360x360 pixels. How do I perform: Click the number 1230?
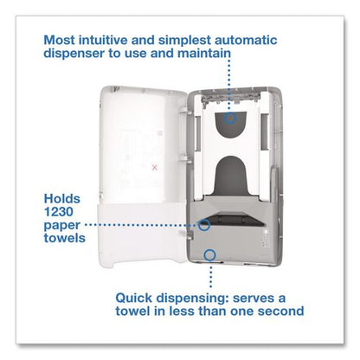[x=59, y=212]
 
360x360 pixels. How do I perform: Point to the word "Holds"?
[x=62, y=199]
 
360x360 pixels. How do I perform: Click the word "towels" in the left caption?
[x=65, y=238]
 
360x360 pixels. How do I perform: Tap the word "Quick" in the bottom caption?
[x=133, y=298]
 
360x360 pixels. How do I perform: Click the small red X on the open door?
[x=155, y=168]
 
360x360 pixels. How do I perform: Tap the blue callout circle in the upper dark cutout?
[x=230, y=118]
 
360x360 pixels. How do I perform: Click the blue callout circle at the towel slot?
[x=204, y=225]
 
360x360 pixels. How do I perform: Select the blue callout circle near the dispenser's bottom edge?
[x=209, y=255]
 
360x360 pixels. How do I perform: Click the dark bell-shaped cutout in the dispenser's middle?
[x=231, y=175]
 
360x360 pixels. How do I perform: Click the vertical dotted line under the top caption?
[x=230, y=84]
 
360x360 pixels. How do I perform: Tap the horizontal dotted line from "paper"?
[x=142, y=224]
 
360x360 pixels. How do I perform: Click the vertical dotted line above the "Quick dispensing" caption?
[x=211, y=275]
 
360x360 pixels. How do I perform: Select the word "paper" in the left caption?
[x=62, y=226]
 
